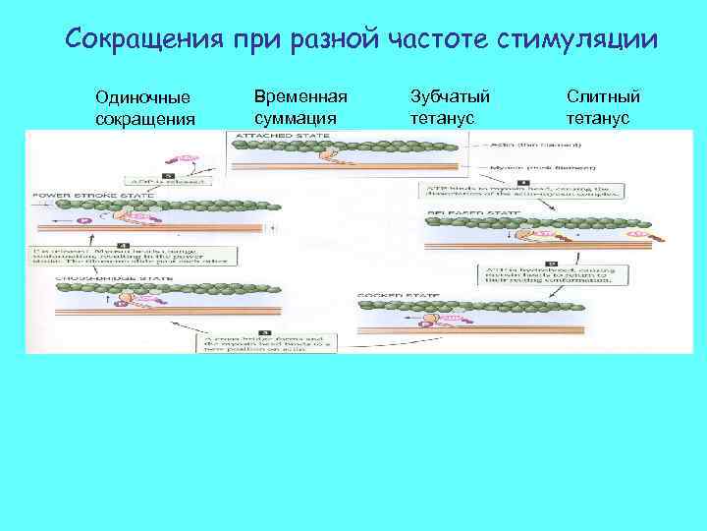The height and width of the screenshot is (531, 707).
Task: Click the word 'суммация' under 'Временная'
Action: (296, 118)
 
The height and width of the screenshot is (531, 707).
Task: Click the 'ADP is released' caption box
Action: (174, 181)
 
